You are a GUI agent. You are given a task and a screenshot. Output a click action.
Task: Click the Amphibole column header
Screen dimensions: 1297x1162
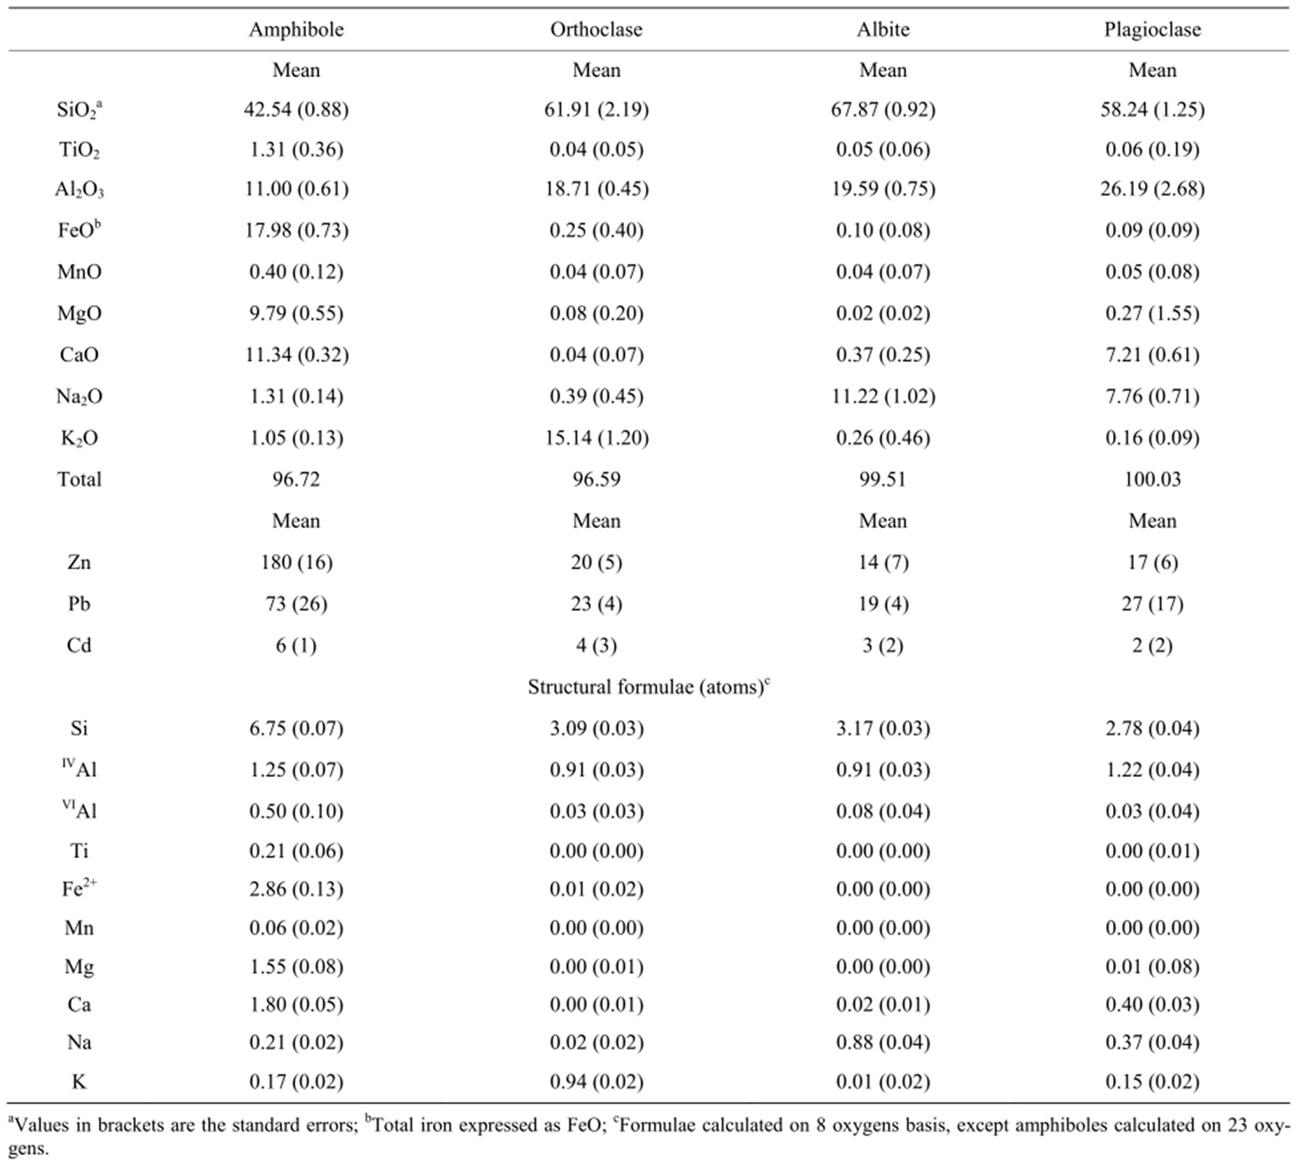(296, 30)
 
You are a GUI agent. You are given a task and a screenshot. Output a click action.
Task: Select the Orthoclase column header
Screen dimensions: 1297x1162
(596, 30)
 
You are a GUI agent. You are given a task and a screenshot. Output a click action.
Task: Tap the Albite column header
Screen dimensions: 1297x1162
(883, 30)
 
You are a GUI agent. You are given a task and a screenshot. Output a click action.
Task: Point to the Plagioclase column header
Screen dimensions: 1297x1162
(1152, 30)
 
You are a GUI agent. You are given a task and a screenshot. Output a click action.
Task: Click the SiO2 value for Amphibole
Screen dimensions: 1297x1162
(296, 109)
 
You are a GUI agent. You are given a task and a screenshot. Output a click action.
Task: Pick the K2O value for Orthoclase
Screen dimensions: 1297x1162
(596, 438)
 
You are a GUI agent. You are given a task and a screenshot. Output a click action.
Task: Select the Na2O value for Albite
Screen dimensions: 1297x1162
(883, 396)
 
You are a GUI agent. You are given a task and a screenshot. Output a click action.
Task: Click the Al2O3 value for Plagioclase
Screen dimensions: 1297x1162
(1152, 189)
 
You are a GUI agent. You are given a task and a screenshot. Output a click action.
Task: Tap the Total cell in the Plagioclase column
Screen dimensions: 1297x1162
(1152, 479)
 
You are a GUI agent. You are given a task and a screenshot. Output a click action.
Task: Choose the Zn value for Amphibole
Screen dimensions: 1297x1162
(296, 562)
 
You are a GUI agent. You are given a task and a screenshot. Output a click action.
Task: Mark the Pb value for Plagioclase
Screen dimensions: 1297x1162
(1152, 604)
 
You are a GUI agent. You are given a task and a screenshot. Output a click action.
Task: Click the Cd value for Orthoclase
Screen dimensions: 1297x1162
(596, 645)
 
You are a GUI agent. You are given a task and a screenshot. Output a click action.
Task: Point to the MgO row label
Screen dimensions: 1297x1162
(79, 314)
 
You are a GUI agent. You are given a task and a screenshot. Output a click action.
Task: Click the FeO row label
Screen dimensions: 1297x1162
(79, 230)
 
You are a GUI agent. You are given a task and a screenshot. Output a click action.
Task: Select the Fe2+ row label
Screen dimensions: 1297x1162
(79, 888)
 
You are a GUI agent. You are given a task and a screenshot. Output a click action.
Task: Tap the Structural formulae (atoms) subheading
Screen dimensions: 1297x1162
(648, 686)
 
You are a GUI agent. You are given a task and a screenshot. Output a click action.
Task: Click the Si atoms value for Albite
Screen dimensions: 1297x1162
(883, 729)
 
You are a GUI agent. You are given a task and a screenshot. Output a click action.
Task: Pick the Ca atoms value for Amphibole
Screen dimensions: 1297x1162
(296, 1004)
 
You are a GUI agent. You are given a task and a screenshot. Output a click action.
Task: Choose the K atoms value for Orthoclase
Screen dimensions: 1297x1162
(596, 1082)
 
